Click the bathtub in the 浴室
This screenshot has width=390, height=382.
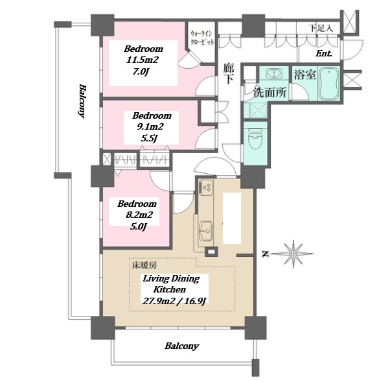click(x=329, y=84)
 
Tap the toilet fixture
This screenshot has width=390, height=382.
click(x=255, y=138)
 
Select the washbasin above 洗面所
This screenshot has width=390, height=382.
click(x=274, y=74)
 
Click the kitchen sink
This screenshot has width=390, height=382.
click(x=206, y=231)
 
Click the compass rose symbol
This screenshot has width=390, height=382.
click(x=293, y=254)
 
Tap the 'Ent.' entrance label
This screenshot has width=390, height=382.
click(x=324, y=53)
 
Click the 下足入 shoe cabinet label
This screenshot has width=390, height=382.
click(x=321, y=28)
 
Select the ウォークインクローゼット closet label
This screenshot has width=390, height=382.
click(x=202, y=38)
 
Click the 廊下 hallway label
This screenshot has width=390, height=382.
click(x=228, y=74)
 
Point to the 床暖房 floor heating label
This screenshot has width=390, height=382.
click(x=144, y=266)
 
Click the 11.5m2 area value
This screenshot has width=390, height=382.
click(x=143, y=60)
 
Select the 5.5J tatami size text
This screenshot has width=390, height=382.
click(x=149, y=138)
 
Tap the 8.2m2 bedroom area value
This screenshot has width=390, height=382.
click(x=139, y=215)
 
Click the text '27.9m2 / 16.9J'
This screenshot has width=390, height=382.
click(x=174, y=301)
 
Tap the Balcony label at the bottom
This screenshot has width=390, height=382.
click(x=182, y=346)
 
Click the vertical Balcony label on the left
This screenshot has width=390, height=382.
click(x=82, y=101)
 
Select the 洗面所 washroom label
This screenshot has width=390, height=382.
click(x=270, y=93)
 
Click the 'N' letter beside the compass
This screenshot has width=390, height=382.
click(x=266, y=254)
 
